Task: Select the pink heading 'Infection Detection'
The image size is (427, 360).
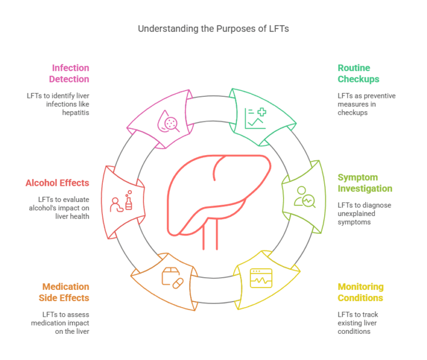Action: click(70, 73)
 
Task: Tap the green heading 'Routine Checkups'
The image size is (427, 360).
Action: click(359, 73)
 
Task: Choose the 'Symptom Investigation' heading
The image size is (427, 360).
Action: click(365, 183)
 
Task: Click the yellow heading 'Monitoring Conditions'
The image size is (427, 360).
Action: click(360, 292)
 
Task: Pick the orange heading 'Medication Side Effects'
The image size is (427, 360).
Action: click(66, 292)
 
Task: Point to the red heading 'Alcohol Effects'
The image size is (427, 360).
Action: click(57, 183)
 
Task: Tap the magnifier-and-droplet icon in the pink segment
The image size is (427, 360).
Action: click(169, 121)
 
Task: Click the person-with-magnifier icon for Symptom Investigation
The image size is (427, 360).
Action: click(305, 196)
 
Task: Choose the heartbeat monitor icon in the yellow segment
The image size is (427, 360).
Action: click(261, 278)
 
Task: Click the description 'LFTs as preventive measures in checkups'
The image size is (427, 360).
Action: click(366, 104)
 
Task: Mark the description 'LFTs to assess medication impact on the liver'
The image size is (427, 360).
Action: click(62, 323)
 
